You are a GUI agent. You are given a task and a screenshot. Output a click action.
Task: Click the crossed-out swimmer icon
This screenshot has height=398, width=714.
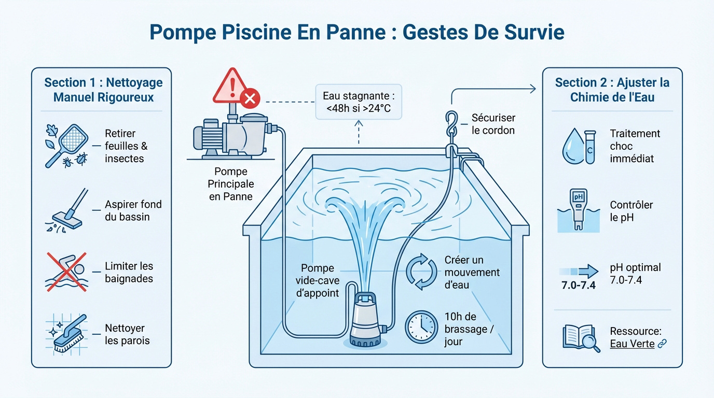pos(66,272)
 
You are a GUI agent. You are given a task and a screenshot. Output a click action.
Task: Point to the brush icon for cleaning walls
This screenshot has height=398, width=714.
pos(67,334)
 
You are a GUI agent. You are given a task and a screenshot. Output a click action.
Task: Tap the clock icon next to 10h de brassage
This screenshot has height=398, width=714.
pos(421,326)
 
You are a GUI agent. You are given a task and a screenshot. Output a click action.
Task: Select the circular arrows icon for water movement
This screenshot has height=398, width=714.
pos(421,272)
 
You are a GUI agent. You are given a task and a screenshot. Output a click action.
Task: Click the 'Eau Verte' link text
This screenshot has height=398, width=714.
pos(632,344)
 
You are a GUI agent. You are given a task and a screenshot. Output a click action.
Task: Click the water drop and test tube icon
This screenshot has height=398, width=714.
pos(579,147)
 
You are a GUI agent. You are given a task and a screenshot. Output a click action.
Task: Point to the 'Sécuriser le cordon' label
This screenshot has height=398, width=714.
pos(493,124)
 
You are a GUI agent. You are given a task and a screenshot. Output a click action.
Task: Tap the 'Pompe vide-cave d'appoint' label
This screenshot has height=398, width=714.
pos(317,280)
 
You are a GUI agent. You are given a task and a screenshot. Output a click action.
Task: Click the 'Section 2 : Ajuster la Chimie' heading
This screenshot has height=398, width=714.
pos(612,90)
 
